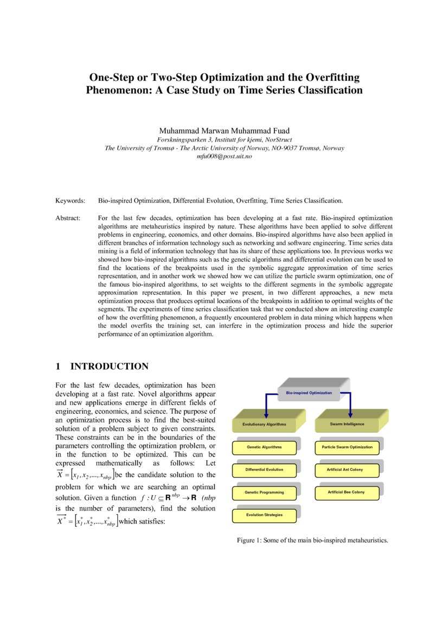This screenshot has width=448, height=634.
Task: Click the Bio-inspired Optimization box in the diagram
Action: tap(309, 392)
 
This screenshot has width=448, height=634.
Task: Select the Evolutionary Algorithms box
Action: tap(264, 424)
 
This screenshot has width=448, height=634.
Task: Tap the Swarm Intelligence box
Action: tap(347, 424)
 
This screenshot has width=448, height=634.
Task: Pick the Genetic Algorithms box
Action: tap(264, 447)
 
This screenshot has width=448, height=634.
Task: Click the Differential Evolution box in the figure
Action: tap(264, 470)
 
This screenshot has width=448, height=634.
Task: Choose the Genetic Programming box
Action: tap(264, 492)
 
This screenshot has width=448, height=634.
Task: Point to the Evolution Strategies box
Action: tap(264, 515)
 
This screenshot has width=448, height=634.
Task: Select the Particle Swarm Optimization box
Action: tap(347, 447)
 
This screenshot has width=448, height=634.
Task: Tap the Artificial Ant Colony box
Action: tap(347, 470)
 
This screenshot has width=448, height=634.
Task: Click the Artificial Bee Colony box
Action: tap(347, 492)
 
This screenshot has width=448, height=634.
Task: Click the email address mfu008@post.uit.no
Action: tap(224, 156)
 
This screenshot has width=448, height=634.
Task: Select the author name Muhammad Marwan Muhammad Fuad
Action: tap(224, 131)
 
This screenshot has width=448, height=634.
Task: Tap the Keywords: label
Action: tap(71, 201)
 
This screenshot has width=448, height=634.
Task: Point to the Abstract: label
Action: tap(68, 217)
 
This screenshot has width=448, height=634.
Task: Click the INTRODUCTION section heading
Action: tap(109, 367)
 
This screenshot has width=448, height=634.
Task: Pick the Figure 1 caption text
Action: tap(312, 540)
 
